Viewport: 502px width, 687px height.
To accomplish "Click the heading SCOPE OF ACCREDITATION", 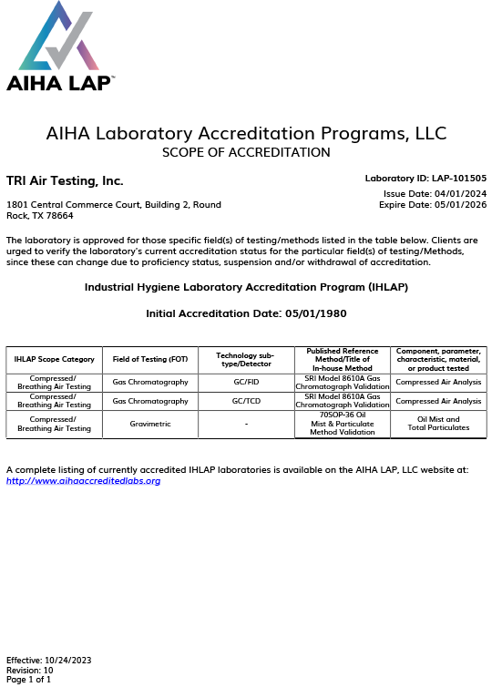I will [246, 152].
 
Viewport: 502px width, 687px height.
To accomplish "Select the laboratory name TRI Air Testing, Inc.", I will [65, 180].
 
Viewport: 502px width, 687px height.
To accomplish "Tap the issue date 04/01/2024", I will [461, 193].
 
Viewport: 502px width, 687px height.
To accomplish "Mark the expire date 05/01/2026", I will [461, 204].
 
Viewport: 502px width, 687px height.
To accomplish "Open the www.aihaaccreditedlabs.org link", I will [83, 480].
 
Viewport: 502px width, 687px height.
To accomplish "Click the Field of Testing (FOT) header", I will [150, 359].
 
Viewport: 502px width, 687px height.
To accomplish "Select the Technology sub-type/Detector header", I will [246, 359].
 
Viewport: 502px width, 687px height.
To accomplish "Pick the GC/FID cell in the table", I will [246, 382].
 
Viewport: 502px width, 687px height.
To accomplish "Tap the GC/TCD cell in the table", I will [246, 401].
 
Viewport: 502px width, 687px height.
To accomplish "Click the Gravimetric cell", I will [150, 424].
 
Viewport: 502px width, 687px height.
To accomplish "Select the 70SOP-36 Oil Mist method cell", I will [343, 424].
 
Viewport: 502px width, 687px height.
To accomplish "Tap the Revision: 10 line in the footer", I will [30, 670].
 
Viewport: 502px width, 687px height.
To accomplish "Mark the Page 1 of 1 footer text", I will [29, 680].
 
